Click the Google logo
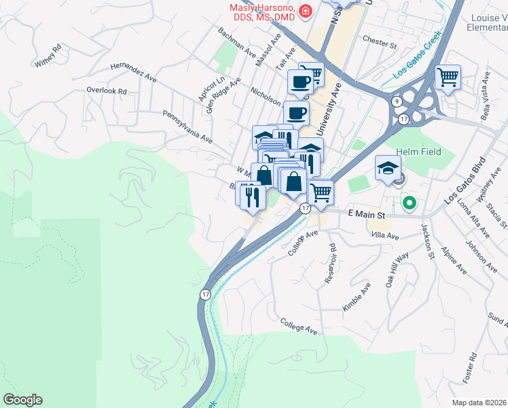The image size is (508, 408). point(22,400)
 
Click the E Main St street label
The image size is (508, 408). point(366,215)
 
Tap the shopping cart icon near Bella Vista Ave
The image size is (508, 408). point(448,78)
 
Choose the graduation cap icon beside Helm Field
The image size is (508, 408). point(387,168)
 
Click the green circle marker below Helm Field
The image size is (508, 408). point(409,203)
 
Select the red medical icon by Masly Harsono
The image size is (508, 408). point(306,11)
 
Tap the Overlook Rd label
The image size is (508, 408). point(107,90)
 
